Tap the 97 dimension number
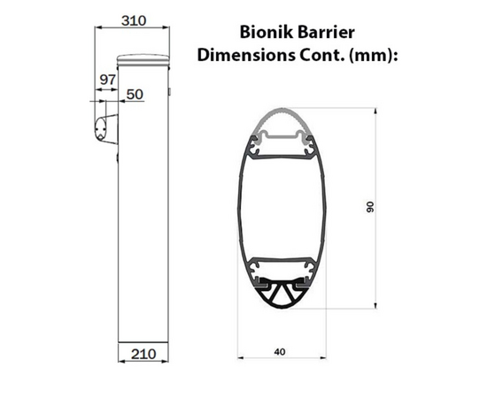click(108, 80)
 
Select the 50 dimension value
click(135, 93)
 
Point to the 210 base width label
click(143, 354)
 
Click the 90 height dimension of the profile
click(371, 207)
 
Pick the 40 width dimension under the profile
click(280, 351)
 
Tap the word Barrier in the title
click(331, 33)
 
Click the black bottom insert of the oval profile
click(282, 296)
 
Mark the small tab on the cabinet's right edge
click(168, 91)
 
